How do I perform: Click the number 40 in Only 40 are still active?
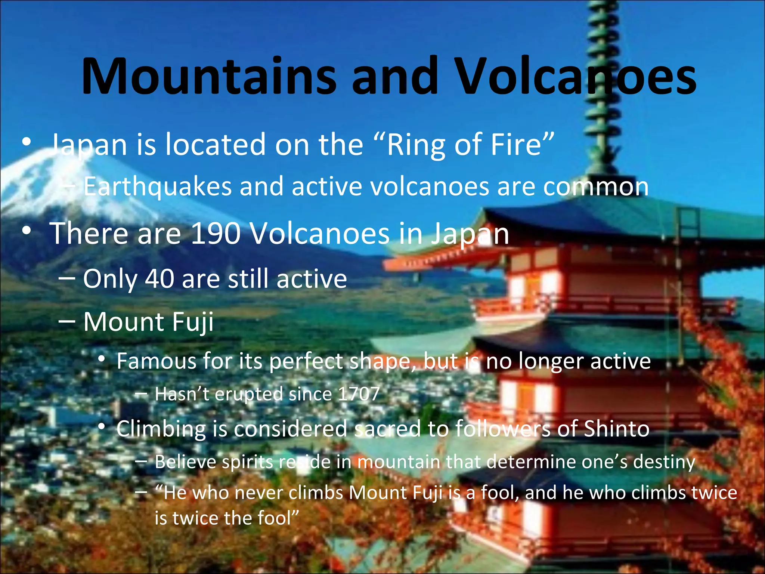coord(159,279)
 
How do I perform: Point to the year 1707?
coord(359,394)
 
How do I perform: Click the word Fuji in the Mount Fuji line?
coord(193,322)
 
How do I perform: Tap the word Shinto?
coord(617,429)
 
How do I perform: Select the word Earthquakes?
coord(157,186)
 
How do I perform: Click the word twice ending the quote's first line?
coord(714,493)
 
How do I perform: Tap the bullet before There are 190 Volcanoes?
coord(26,232)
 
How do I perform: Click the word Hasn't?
coord(182,394)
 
